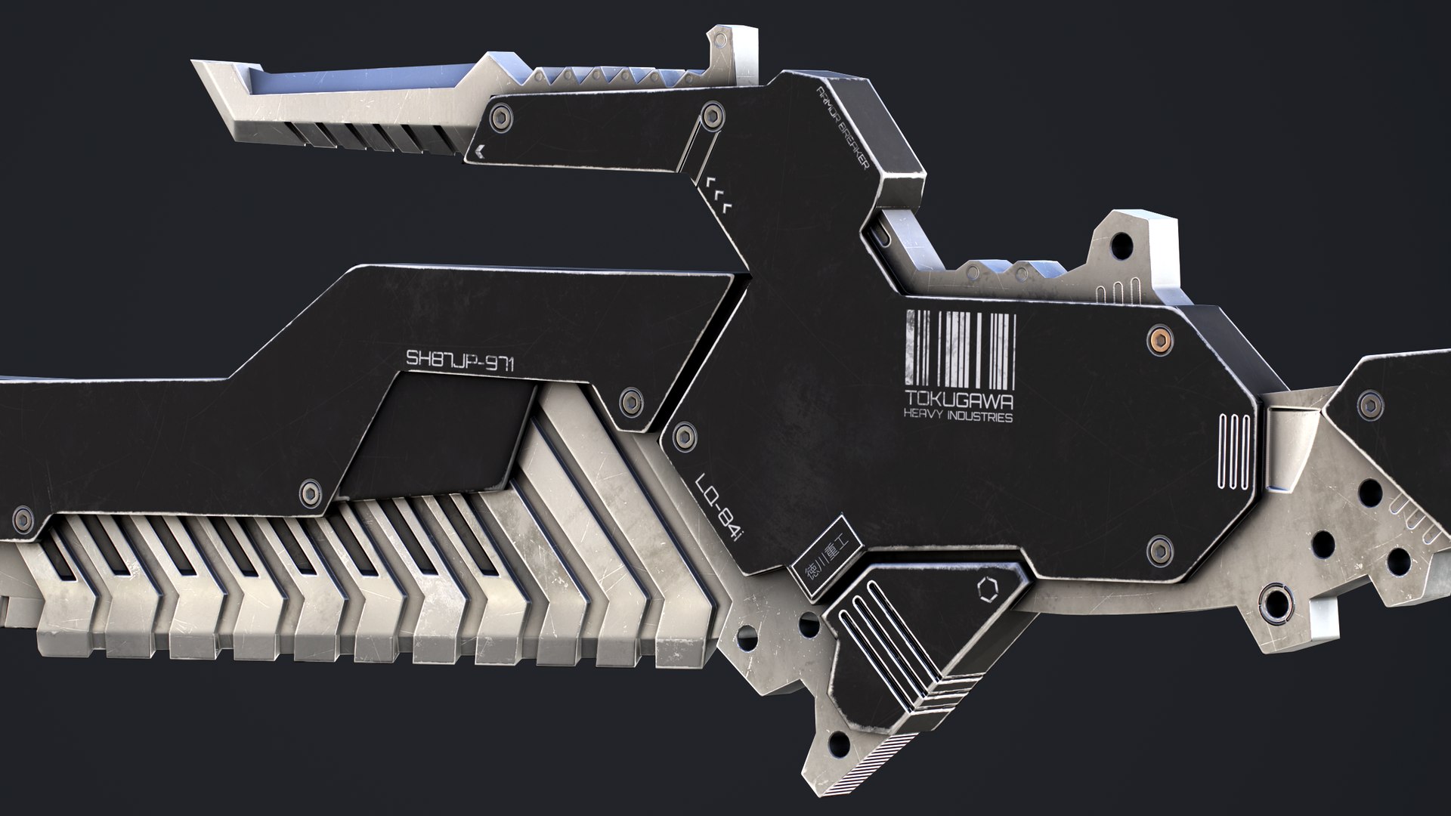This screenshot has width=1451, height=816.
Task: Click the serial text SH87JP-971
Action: (460, 360)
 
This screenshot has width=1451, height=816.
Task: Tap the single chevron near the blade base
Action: (479, 151)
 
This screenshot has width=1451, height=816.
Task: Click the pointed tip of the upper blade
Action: (198, 65)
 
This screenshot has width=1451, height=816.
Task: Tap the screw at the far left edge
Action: (23, 518)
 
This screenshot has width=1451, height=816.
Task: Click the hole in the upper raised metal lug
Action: (1121, 245)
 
